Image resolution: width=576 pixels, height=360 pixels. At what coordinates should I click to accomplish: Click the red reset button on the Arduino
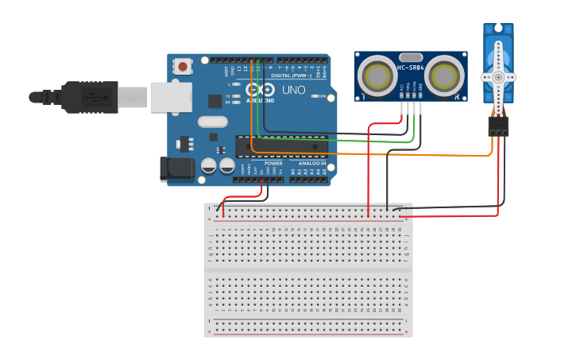tap(184, 67)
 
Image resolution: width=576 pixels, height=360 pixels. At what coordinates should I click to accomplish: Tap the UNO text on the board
tap(293, 90)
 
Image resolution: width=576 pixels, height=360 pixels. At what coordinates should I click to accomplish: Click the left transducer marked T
tap(375, 76)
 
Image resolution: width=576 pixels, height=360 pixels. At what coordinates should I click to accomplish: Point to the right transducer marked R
tap(446, 76)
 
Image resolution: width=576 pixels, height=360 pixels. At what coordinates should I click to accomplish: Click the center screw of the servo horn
tap(498, 77)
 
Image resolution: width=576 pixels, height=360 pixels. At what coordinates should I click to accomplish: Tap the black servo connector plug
tap(498, 126)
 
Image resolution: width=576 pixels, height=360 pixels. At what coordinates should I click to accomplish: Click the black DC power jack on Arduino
tap(176, 168)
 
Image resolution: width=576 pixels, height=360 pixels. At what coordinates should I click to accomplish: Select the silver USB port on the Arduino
tap(171, 97)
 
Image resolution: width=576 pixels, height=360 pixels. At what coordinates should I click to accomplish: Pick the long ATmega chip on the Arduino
tap(282, 145)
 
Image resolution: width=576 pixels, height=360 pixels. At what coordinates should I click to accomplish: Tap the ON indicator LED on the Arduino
tap(323, 98)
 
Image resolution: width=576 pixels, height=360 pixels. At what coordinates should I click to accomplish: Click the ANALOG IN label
tap(311, 163)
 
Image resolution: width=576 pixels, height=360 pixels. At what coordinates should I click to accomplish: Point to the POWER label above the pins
tap(273, 163)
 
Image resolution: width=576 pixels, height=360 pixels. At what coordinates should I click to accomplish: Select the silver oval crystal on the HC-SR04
tap(411, 57)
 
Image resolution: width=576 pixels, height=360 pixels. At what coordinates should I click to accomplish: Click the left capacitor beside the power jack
tap(209, 165)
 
